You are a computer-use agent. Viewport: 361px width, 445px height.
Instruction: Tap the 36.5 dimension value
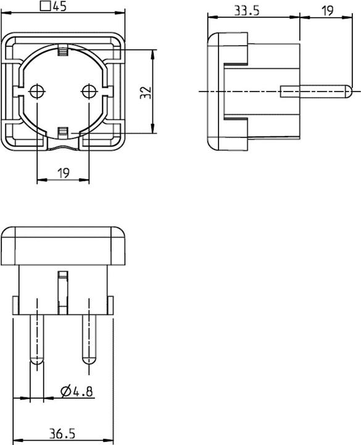point(62,433)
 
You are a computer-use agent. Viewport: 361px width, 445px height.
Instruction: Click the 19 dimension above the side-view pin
point(327,11)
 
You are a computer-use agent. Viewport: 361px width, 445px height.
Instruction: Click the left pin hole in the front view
point(37,91)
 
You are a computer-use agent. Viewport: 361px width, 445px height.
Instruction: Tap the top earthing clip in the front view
point(62,53)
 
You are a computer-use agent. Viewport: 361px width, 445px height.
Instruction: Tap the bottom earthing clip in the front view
point(62,131)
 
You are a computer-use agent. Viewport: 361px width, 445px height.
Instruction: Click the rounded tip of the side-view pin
point(349,91)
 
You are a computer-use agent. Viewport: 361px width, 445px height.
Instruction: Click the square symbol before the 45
point(44,7)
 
